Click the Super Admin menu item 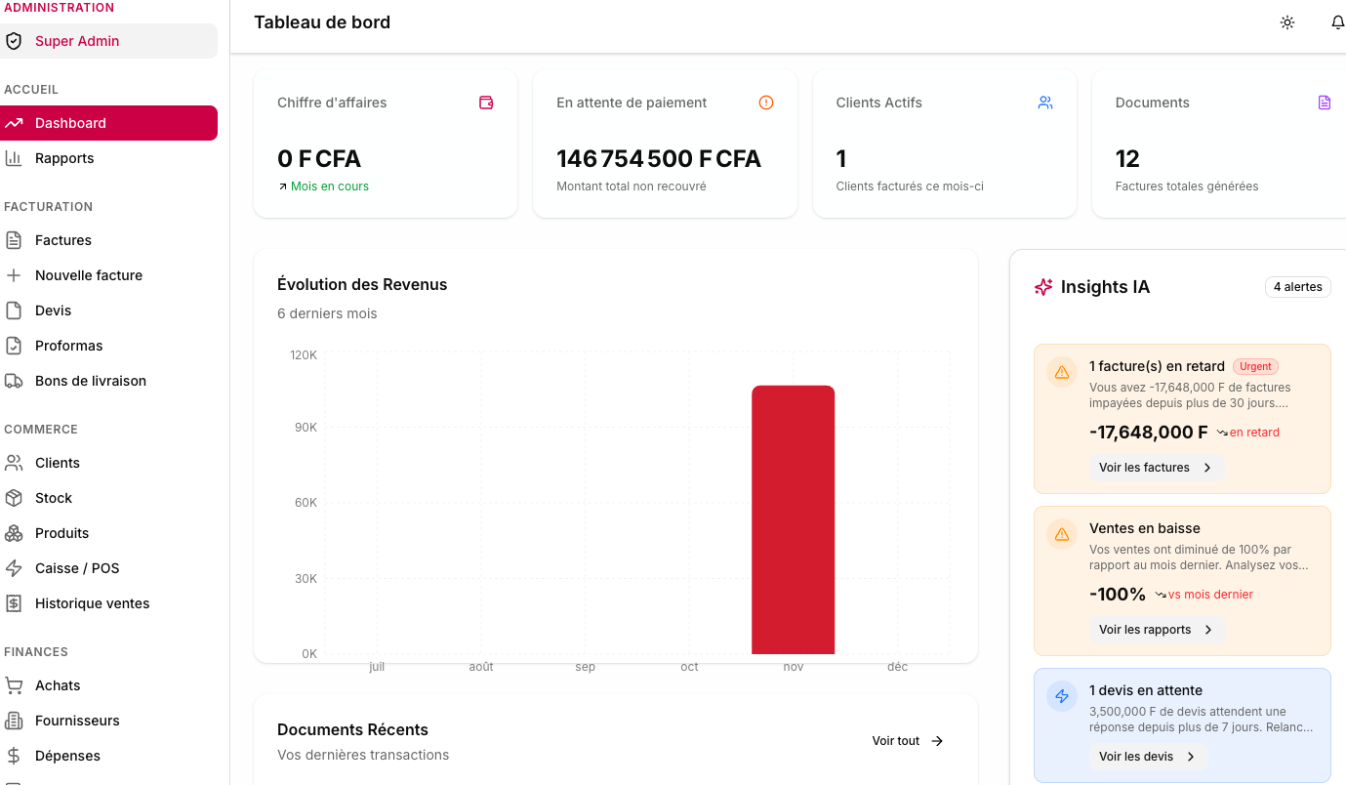click(77, 41)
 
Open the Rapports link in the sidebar click(64, 158)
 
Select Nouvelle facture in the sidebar click(88, 275)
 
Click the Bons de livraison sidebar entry click(90, 381)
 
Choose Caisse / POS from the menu click(77, 568)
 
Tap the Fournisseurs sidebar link click(77, 721)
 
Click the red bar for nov click(793, 519)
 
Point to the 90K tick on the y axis click(304, 428)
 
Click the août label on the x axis click(480, 667)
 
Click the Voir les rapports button click(1156, 630)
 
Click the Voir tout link click(907, 741)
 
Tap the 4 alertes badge click(1297, 287)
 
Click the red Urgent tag click(1255, 367)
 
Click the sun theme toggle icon click(1287, 22)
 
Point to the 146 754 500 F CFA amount click(658, 159)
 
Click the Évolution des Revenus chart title click(362, 285)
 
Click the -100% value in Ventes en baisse click(1118, 595)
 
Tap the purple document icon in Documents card click(1324, 103)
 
